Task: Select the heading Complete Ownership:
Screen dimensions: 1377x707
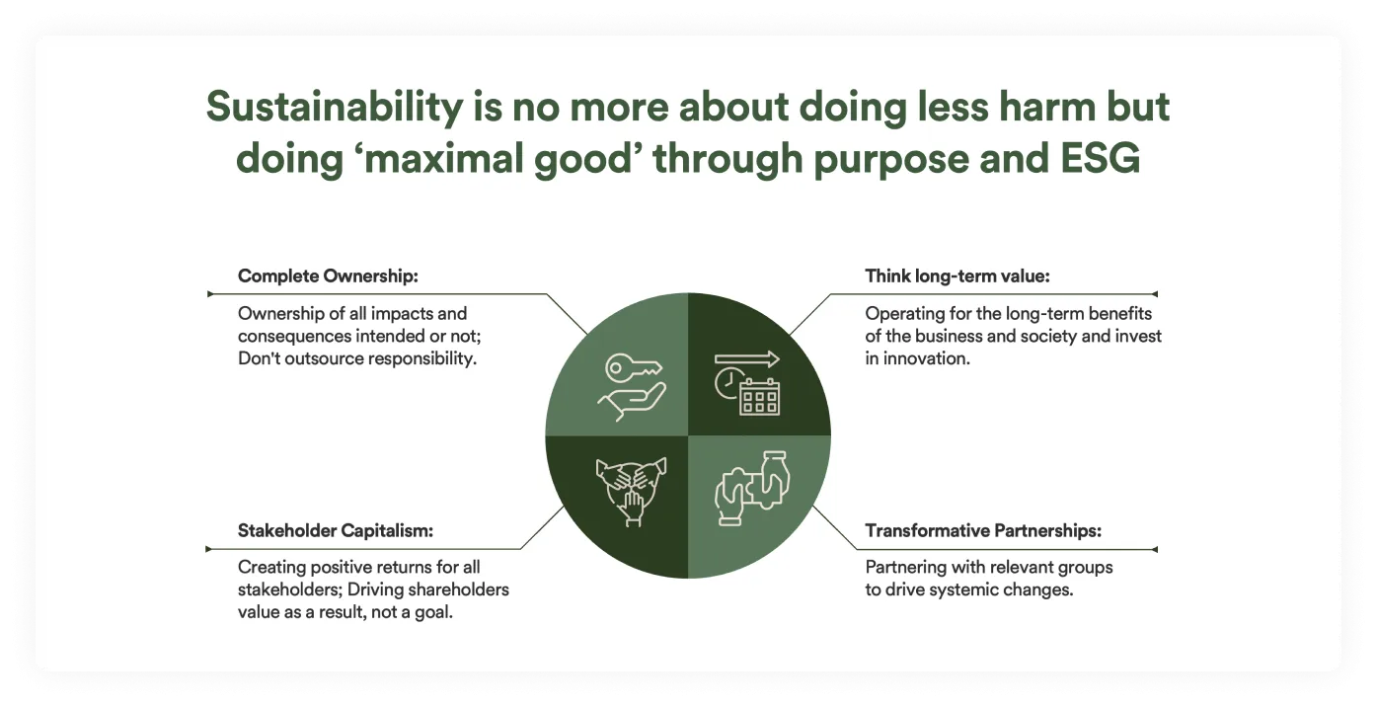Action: coord(328,276)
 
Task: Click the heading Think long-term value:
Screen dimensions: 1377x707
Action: coord(957,276)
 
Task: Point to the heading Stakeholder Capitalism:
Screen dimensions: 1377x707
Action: coord(335,530)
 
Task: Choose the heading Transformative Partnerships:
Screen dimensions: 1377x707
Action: coord(983,530)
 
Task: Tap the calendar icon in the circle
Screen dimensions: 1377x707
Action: coord(760,397)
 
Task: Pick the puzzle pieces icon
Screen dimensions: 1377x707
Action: coord(752,489)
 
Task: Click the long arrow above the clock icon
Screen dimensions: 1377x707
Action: coord(747,359)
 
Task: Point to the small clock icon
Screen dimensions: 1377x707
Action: coord(727,383)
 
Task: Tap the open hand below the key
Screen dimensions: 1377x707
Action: coord(632,402)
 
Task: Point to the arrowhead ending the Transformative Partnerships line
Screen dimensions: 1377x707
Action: coord(1154,550)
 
